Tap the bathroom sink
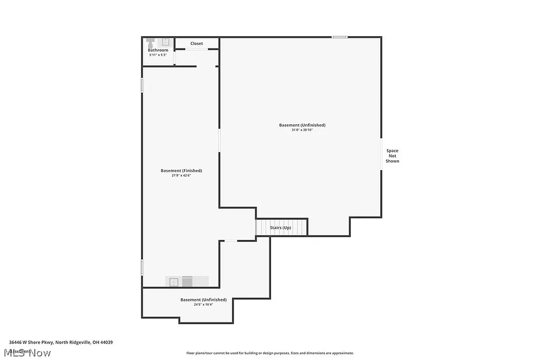165,42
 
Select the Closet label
197,44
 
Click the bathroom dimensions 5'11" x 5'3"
158,55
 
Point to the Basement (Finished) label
181,171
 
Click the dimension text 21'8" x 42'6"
181,176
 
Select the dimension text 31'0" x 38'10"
302,130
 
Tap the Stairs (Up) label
281,228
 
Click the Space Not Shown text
392,156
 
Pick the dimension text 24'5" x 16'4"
203,304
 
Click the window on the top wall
340,37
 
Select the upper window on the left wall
142,85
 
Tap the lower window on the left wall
142,267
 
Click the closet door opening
197,50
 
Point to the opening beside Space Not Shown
381,154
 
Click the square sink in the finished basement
173,282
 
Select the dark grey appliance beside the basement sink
187,282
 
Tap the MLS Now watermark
27,353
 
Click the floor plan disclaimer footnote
269,353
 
